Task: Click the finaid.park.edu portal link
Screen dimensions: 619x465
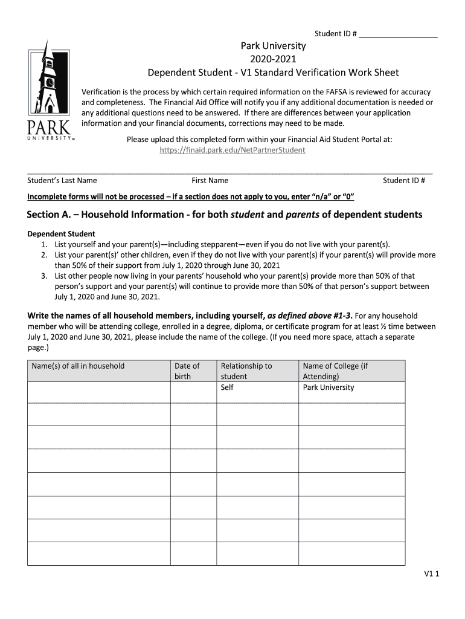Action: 232,150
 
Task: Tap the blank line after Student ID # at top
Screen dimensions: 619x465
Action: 398,34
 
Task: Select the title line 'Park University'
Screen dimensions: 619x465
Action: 274,46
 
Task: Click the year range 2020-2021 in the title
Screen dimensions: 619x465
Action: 274,59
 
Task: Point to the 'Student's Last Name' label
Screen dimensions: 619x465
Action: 62,180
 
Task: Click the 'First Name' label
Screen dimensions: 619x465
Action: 210,180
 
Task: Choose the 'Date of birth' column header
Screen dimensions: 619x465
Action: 187,371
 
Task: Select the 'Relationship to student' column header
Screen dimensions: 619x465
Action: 246,371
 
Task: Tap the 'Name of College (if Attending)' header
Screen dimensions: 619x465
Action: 335,371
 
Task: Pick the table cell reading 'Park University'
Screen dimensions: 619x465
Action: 329,387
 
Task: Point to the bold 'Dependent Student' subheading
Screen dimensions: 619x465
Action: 62,234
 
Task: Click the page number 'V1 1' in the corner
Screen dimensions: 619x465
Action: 431,575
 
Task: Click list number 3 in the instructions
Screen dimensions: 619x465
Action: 44,276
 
